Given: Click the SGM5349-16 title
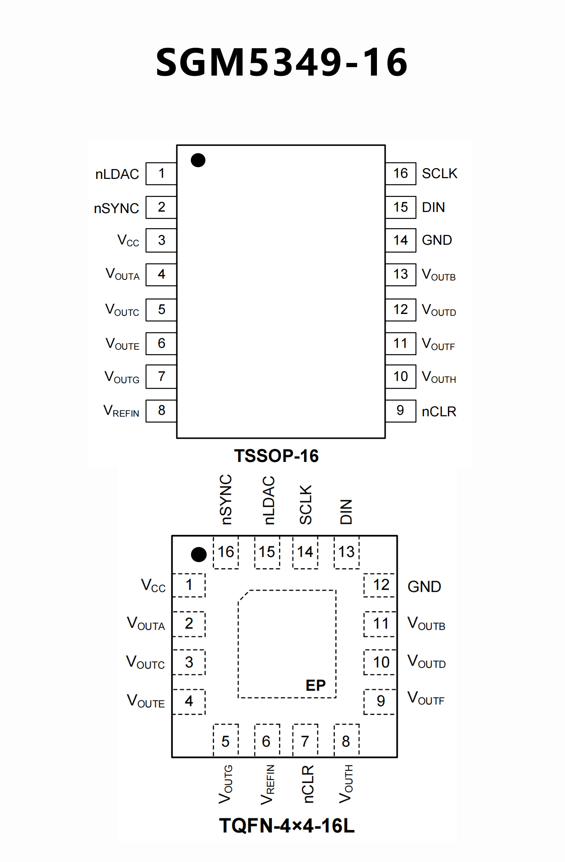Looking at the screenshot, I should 282,62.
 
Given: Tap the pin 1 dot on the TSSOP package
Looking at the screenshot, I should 198,160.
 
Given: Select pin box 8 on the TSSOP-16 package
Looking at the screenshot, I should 161,411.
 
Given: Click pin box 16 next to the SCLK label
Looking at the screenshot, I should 400,173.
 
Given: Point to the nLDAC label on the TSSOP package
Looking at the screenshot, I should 117,174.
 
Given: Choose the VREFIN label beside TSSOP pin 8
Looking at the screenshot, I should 121,411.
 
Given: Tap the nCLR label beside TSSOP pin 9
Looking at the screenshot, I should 439,411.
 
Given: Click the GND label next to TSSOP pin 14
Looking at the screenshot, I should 437,240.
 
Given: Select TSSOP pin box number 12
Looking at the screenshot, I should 400,310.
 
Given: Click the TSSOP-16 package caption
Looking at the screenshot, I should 276,456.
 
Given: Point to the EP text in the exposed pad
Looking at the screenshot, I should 315,685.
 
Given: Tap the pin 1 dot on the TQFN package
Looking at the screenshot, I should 199,554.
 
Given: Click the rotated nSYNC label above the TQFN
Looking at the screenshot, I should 226,499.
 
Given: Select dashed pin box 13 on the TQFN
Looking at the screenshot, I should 346,552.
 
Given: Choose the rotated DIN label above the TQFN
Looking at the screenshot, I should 346,512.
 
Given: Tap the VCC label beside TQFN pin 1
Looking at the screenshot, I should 153,585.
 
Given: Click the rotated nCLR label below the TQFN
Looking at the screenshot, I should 307,784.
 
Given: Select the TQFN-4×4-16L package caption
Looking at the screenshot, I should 287,826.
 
